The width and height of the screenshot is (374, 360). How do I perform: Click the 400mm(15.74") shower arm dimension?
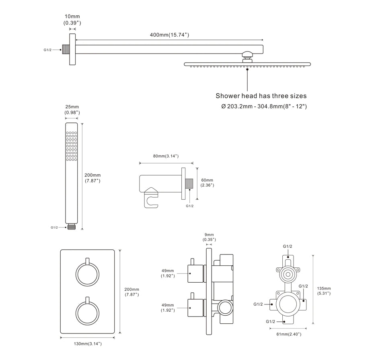coord(169,35)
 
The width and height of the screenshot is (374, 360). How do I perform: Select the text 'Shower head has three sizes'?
coord(261,96)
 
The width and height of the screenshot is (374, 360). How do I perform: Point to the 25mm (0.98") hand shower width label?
coord(72,110)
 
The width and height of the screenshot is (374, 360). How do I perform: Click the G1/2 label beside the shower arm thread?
coord(47,50)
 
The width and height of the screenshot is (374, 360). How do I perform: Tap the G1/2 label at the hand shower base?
coord(54,228)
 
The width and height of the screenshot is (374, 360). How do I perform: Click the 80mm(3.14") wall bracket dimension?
coord(166,156)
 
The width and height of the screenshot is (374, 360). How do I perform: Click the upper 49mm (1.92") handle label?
coord(168,273)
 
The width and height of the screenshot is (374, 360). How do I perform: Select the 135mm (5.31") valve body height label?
coord(323,291)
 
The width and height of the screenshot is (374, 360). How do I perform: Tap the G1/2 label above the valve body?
coord(288,246)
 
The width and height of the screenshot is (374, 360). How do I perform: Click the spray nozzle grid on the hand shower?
coord(72,146)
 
